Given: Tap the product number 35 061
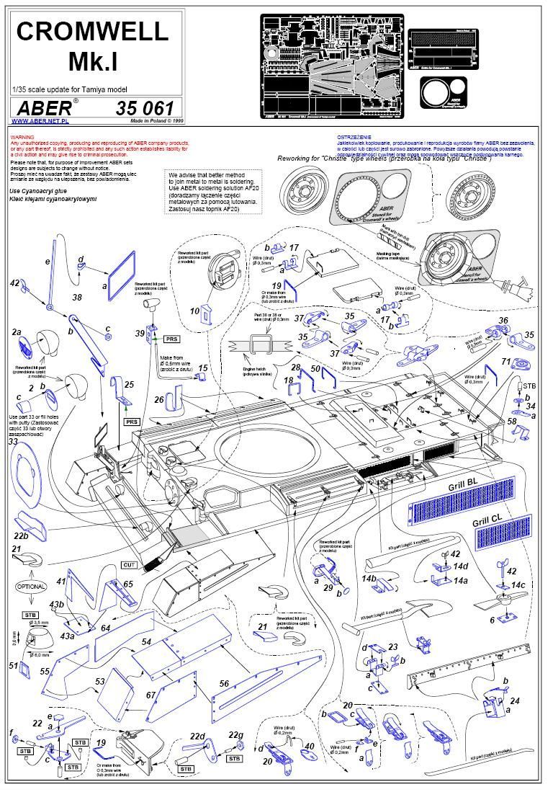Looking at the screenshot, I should click(x=145, y=108).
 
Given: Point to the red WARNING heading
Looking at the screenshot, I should click(x=22, y=137).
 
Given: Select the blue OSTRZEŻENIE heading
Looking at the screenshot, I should click(x=355, y=137).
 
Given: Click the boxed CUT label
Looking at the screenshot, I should click(x=129, y=564).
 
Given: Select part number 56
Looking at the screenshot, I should click(x=224, y=684).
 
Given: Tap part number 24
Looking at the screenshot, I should click(x=514, y=700).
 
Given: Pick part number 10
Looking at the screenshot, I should click(x=195, y=311).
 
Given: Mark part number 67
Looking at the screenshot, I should click(x=150, y=695).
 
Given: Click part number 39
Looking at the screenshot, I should click(x=140, y=332).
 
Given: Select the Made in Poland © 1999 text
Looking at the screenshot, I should click(x=153, y=121).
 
